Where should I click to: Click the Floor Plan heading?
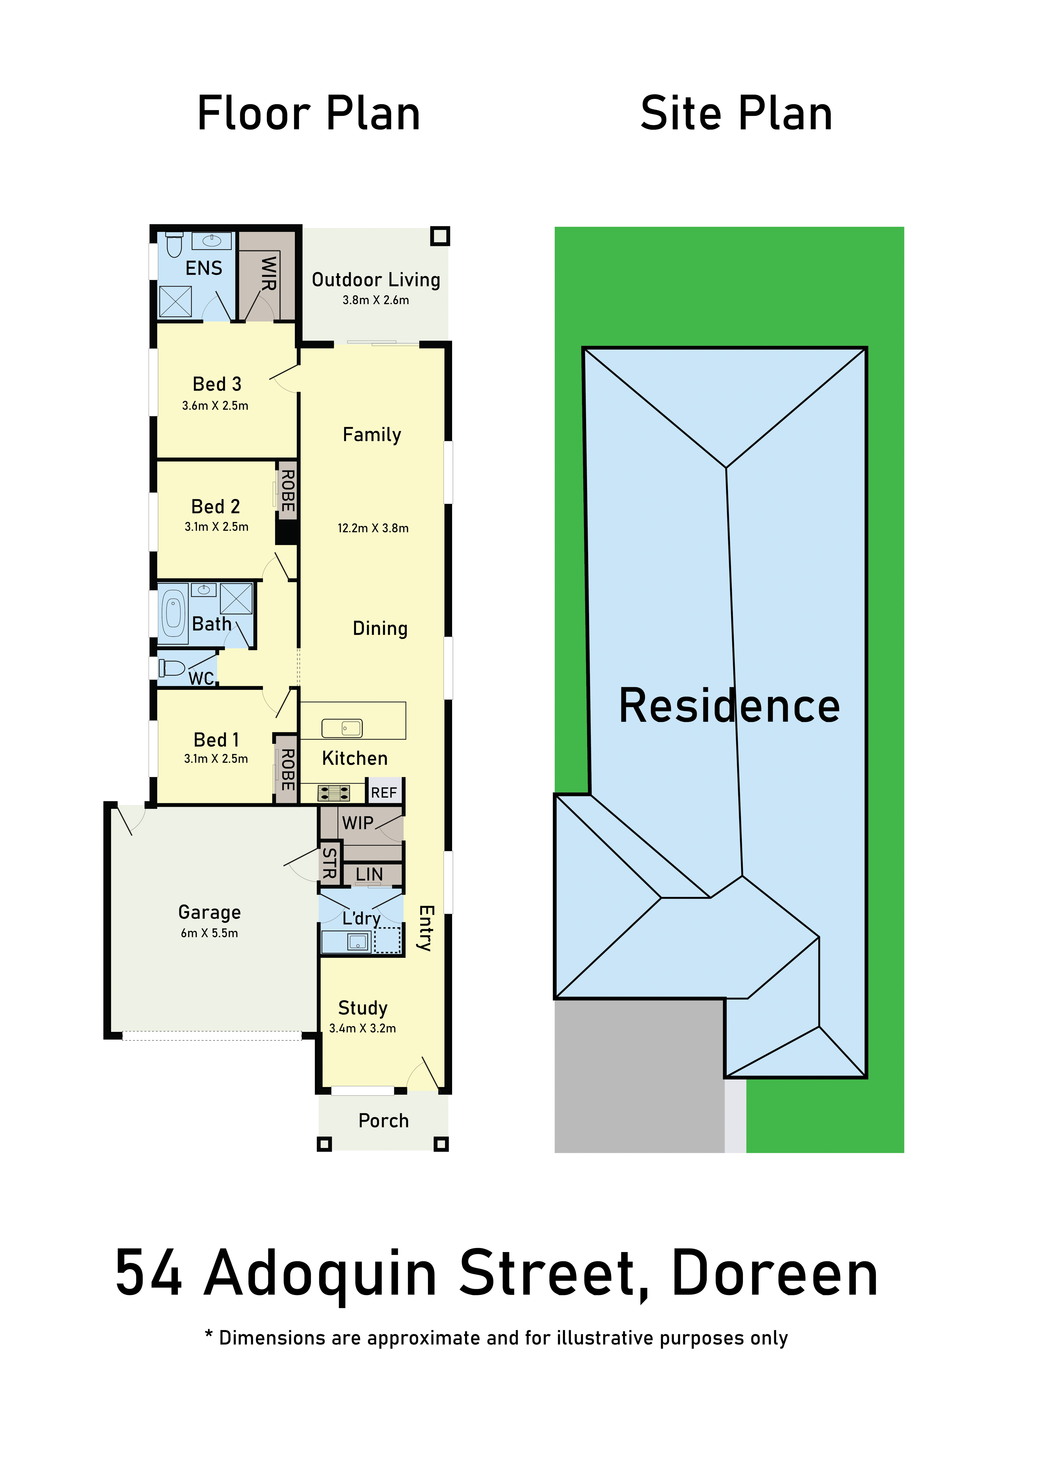(x=308, y=113)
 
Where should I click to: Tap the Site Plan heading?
(x=736, y=113)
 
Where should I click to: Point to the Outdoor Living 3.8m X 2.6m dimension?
(x=376, y=300)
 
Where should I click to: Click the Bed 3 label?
(x=217, y=384)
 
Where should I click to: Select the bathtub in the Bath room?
(x=173, y=613)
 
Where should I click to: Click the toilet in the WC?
(x=172, y=667)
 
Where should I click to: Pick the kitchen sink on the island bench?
(x=342, y=728)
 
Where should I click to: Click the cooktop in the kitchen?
(x=334, y=792)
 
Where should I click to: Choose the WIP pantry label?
(x=358, y=822)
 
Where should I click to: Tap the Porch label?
(x=384, y=1121)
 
